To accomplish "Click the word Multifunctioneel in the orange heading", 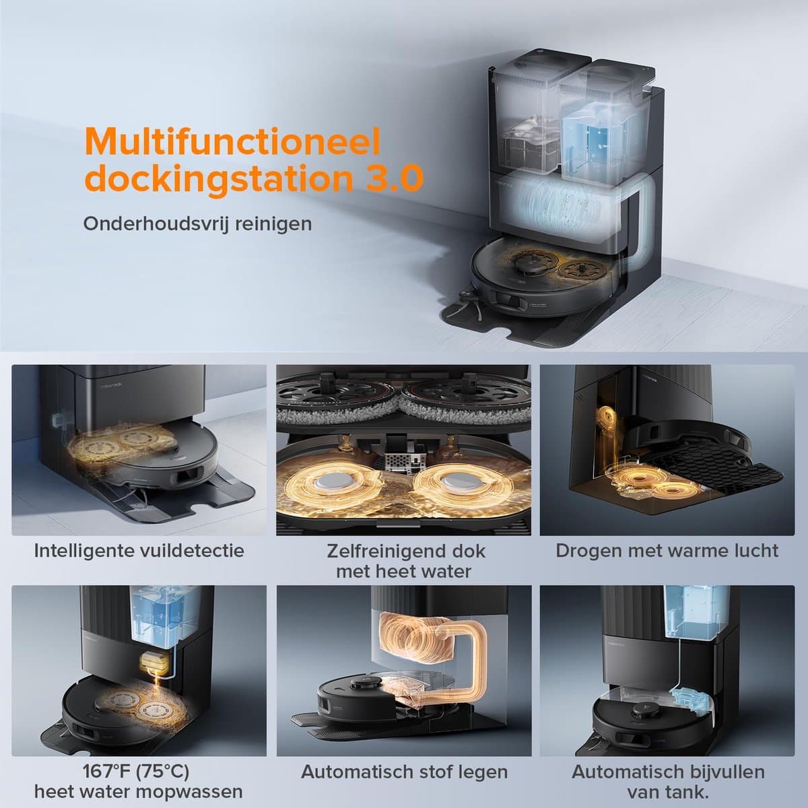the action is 232,141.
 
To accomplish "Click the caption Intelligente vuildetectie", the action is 139,551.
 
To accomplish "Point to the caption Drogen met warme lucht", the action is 667,551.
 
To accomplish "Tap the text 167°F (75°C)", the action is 136,771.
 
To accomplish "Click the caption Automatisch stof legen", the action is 404,772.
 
